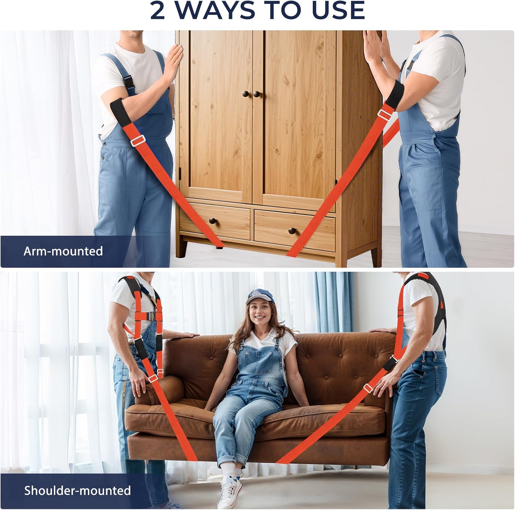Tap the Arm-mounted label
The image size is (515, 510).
[63, 251]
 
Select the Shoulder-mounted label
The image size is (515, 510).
[77, 490]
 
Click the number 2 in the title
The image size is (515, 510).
[158, 11]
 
